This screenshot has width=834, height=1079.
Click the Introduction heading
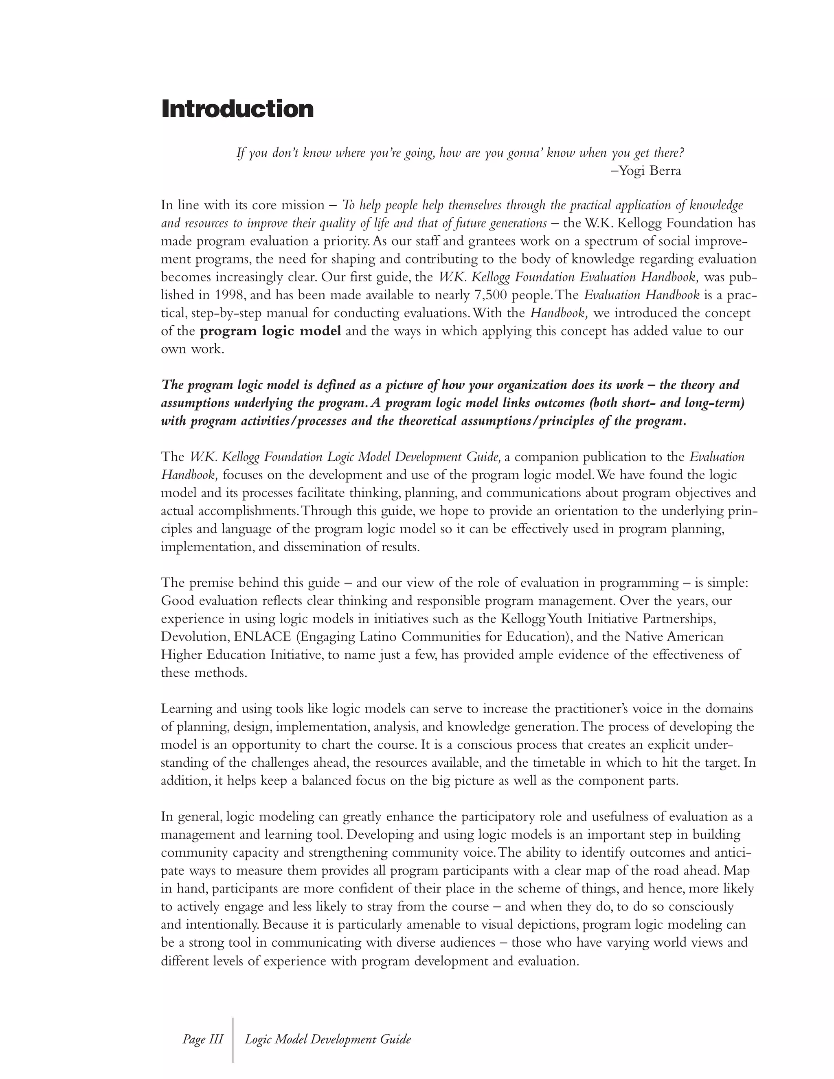click(237, 109)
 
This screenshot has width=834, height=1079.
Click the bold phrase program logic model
click(270, 331)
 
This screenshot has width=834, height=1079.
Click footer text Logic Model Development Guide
click(327, 1039)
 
